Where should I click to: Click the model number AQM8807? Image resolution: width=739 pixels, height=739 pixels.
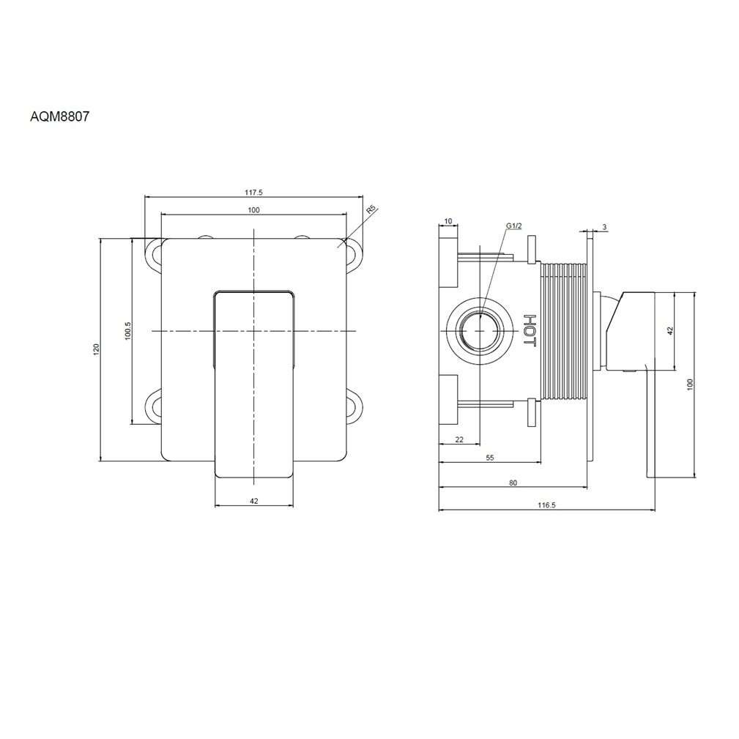point(59,117)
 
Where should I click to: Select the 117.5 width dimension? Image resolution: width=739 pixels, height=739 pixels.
point(253,193)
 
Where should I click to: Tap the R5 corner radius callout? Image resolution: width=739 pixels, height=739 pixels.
point(371,210)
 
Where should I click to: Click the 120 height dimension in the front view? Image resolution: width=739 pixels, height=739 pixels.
point(97,349)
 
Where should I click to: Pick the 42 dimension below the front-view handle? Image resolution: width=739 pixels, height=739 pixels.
point(254,501)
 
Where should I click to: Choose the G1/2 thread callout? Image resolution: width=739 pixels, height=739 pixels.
point(514,226)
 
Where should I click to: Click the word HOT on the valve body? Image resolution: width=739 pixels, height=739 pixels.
point(530,330)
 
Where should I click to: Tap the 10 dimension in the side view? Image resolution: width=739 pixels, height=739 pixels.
point(448,221)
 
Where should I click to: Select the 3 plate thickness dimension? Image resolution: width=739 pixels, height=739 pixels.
point(605,227)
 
